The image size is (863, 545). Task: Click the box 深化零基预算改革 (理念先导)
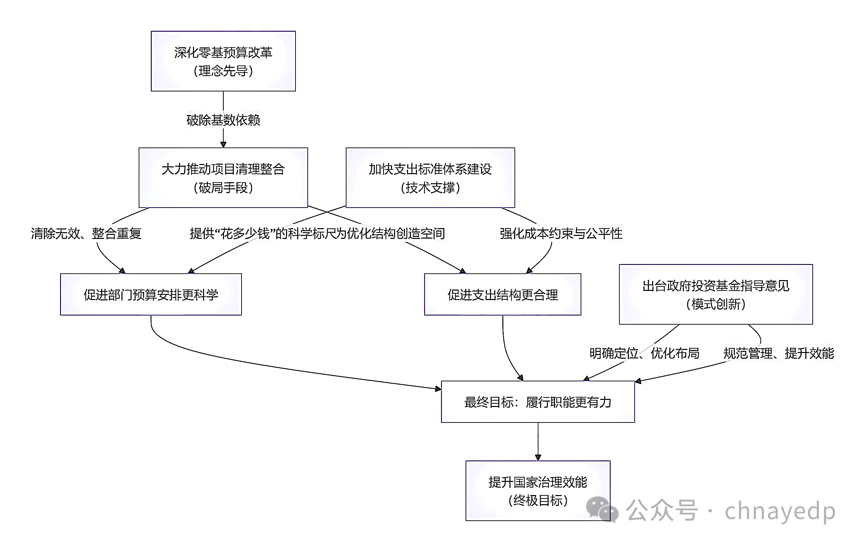pyautogui.click(x=223, y=61)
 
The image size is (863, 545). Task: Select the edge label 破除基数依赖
pyautogui.click(x=223, y=120)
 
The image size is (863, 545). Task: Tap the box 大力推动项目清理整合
pyautogui.click(x=223, y=178)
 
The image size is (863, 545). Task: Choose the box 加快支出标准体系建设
pyautogui.click(x=430, y=178)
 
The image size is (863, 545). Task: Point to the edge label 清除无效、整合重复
pyautogui.click(x=86, y=234)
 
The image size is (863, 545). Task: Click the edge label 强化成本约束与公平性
pyautogui.click(x=561, y=234)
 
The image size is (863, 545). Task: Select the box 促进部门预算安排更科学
pyautogui.click(x=151, y=295)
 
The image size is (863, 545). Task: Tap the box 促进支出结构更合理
pyautogui.click(x=502, y=295)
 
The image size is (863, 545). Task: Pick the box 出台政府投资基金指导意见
pyautogui.click(x=716, y=294)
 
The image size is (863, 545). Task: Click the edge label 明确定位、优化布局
pyautogui.click(x=644, y=353)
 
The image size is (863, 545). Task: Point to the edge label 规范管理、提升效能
pyautogui.click(x=778, y=353)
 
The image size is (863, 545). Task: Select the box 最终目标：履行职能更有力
pyautogui.click(x=537, y=402)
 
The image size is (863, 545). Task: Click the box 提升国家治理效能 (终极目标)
pyautogui.click(x=537, y=491)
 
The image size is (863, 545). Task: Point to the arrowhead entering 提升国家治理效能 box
pyautogui.click(x=537, y=458)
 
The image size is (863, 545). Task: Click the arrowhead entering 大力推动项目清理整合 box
pyautogui.click(x=223, y=144)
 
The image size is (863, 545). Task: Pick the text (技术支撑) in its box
pyautogui.click(x=430, y=188)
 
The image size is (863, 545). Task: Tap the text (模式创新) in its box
pyautogui.click(x=716, y=304)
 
